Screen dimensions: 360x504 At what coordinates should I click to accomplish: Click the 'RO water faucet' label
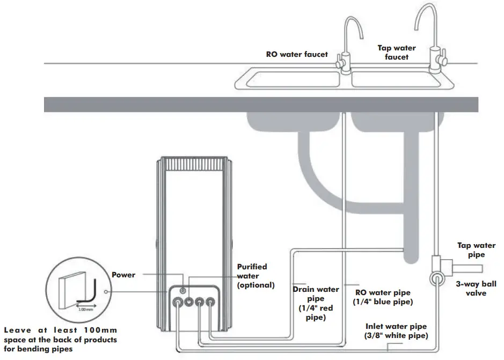[x=297, y=54]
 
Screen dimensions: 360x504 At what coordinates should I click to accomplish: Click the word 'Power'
[x=123, y=275]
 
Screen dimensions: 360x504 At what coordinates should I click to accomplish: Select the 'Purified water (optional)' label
[x=256, y=276]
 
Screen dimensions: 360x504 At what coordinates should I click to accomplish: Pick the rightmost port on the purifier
[x=211, y=302]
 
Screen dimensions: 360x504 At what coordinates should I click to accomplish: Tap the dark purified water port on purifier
[x=189, y=302]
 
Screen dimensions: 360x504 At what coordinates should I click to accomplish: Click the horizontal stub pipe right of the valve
[x=467, y=268]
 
